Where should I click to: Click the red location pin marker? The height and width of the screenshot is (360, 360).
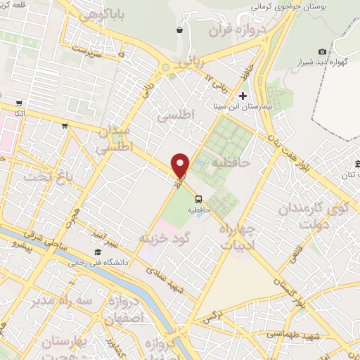(x=181, y=165)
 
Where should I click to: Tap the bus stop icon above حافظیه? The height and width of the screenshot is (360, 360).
(x=199, y=198)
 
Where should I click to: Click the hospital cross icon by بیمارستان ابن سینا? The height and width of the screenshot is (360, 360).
(x=243, y=96)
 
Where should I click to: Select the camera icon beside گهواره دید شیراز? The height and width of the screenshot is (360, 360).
(x=322, y=51)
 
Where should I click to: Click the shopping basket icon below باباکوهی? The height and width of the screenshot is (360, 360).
(x=181, y=30)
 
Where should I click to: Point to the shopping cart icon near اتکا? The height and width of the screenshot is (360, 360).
(x=65, y=126)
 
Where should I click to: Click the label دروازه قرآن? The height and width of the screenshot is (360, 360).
(x=233, y=30)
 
